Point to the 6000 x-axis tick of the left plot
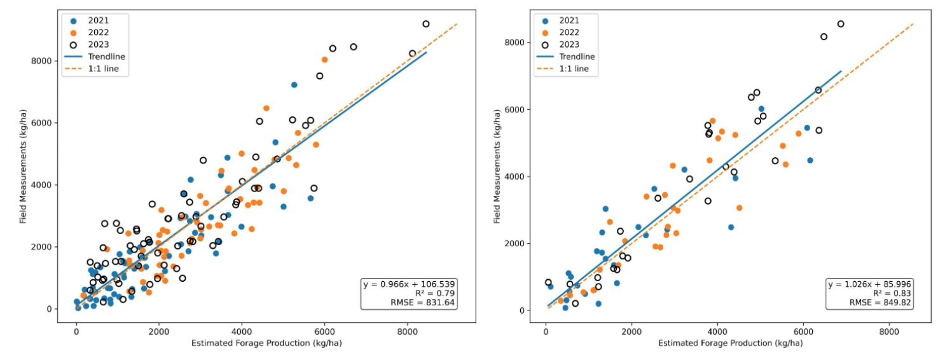324,331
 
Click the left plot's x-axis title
258,343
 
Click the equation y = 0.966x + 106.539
410,283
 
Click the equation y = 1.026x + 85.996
870,283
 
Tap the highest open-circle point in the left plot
426,24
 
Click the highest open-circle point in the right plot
841,24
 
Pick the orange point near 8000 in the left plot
324,60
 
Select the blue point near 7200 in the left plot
294,85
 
